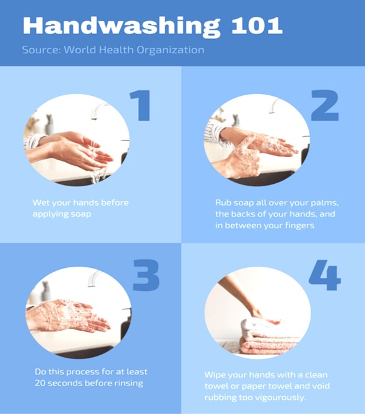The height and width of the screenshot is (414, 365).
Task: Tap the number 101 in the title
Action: coord(257,26)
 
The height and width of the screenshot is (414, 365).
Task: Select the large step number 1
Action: coord(140,105)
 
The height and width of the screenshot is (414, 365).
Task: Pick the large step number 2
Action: coord(325,105)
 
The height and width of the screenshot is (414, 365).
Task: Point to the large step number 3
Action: coord(146,275)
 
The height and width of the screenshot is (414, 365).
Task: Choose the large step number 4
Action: coord(325,275)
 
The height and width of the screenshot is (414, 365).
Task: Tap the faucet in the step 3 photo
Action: coord(95,278)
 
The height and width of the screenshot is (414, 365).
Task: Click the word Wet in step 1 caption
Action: coord(41,203)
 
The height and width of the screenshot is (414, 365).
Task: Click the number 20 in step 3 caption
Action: coord(40,383)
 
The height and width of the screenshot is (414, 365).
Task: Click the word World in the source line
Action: coord(80,50)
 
